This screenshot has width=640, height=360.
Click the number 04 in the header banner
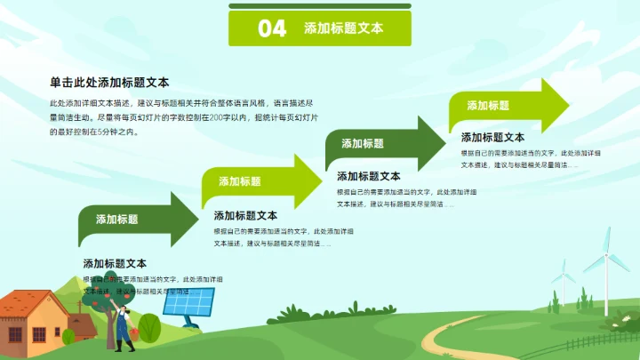272,28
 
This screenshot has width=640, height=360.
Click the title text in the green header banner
344,28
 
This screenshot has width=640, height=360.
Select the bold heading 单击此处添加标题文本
109,82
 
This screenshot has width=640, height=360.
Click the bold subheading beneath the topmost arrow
492,138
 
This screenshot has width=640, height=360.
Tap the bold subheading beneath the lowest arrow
115,263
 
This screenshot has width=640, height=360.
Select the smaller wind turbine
562,280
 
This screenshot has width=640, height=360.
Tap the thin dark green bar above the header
320,6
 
